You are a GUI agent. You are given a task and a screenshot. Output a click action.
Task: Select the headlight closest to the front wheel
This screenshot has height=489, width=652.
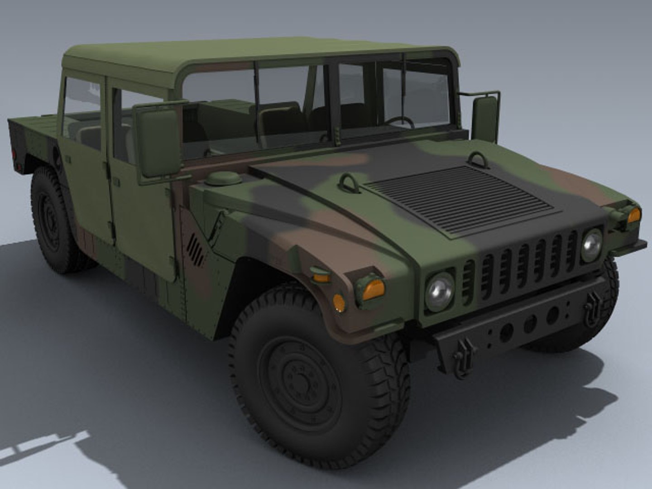(x=439, y=292)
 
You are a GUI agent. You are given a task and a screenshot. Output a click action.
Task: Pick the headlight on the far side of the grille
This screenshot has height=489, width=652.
(x=591, y=245)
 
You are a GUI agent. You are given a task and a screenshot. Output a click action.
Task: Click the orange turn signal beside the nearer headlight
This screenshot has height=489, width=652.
(x=373, y=289)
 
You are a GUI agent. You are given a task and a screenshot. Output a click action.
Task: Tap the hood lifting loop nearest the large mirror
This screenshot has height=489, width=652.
(x=349, y=183)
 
